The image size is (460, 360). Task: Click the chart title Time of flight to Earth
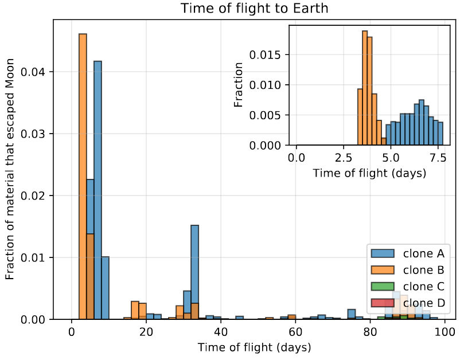254,9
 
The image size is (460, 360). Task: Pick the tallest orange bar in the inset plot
365,86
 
